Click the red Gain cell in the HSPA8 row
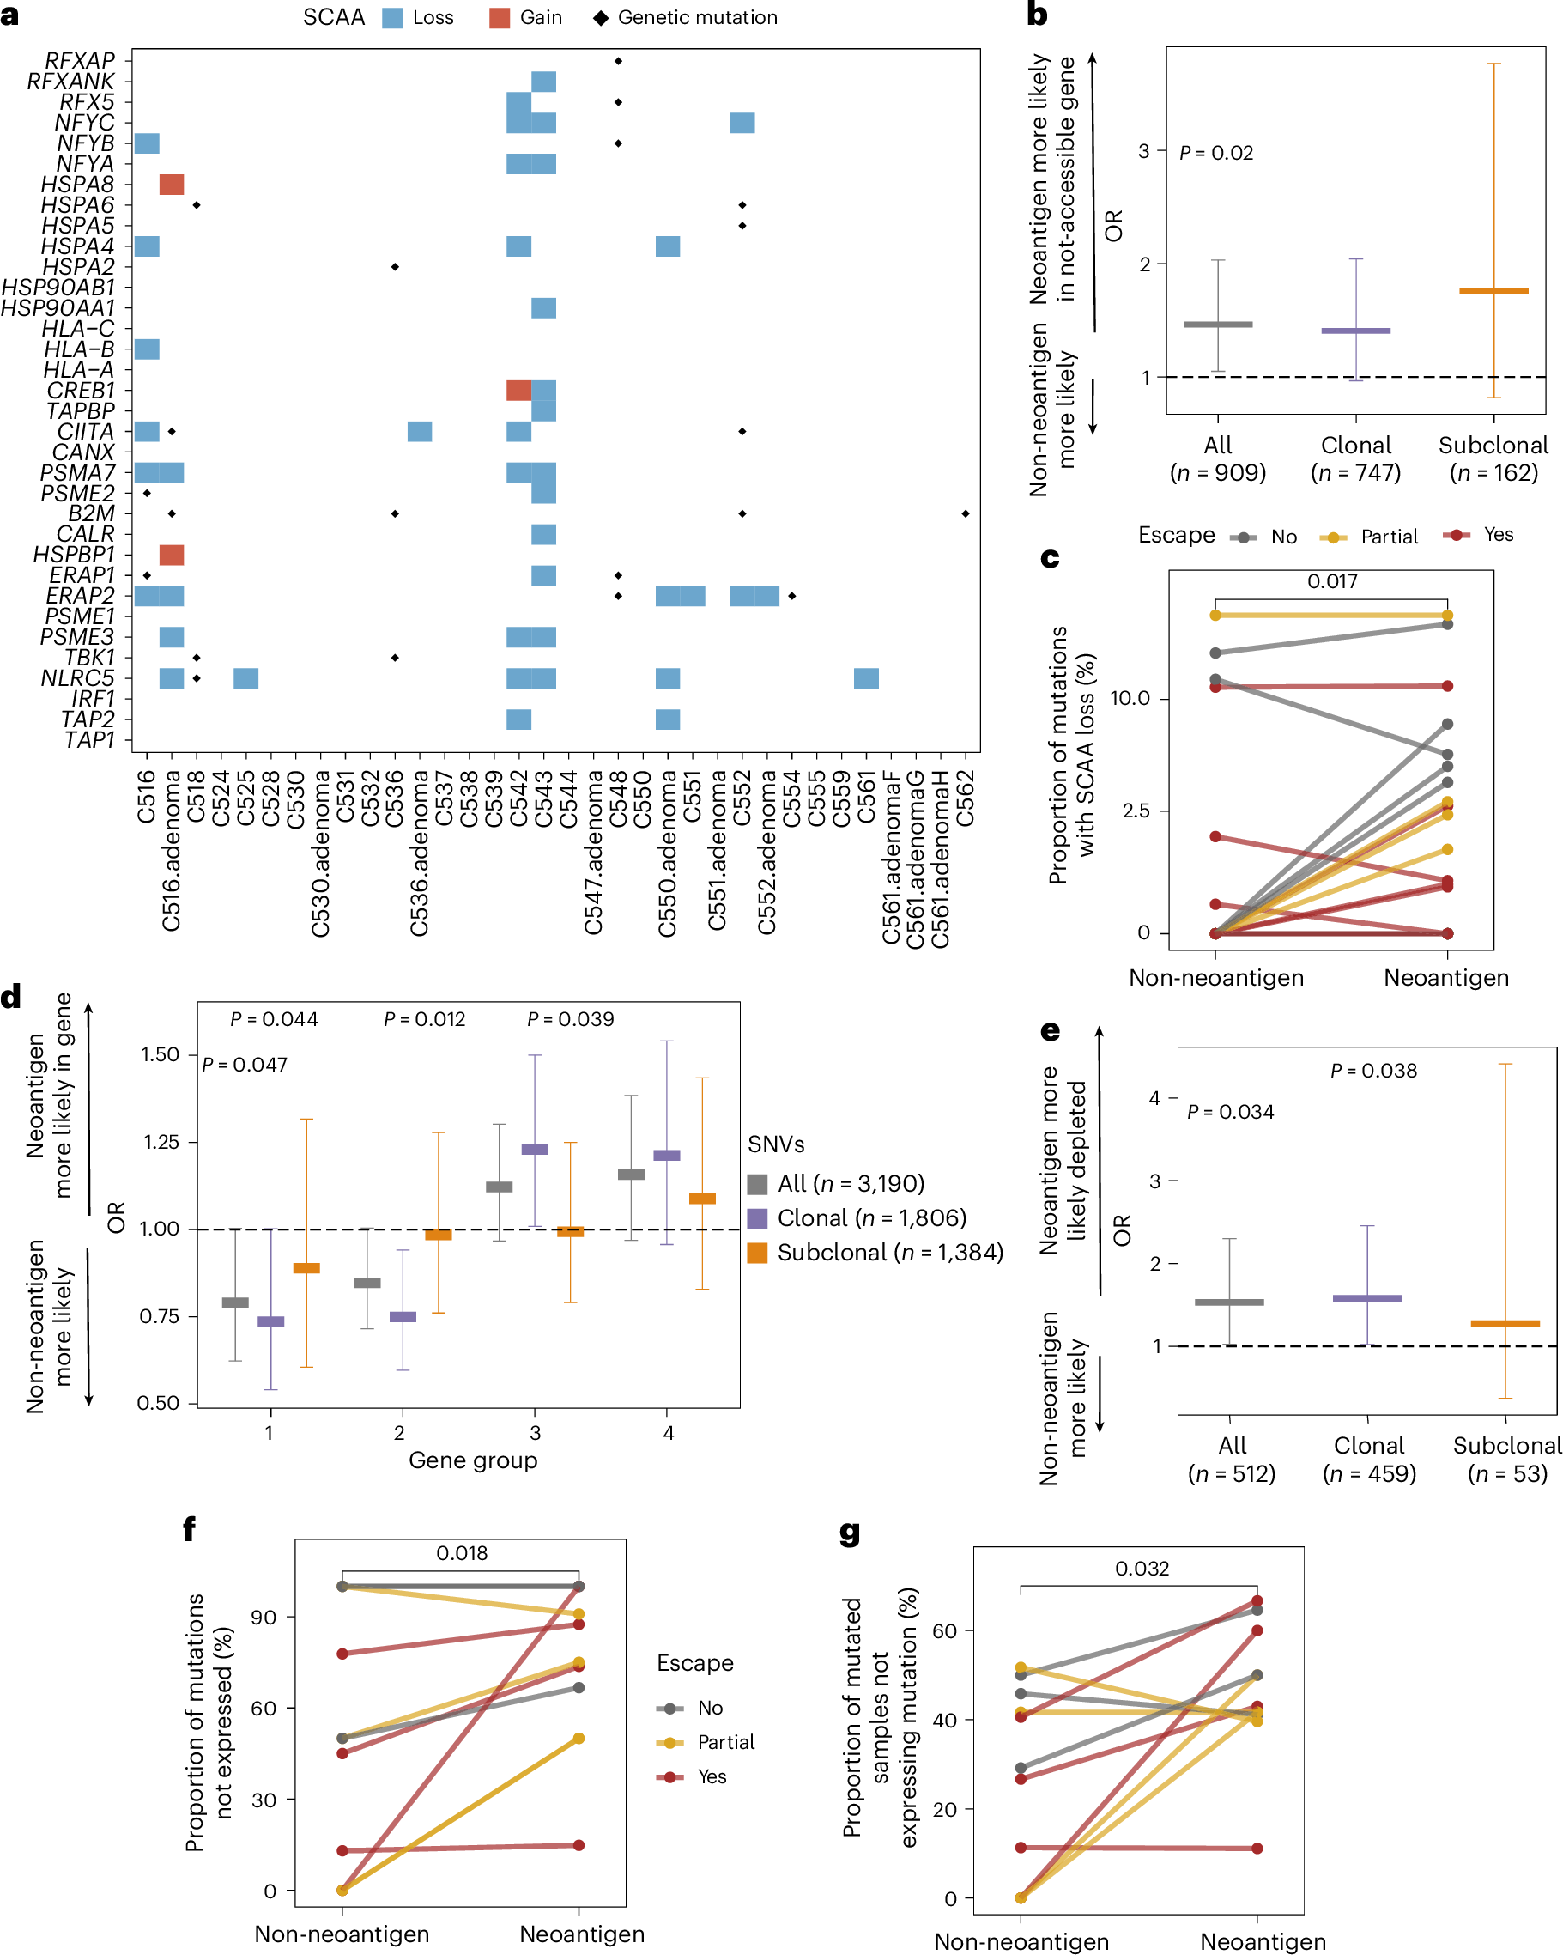coord(172,185)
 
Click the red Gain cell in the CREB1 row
coord(518,391)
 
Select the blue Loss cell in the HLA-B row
coord(147,349)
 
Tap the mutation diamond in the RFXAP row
coord(618,61)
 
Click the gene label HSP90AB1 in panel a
coord(58,288)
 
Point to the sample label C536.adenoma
coord(419,853)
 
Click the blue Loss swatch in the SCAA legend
coord(392,18)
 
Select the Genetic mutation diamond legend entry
coord(686,18)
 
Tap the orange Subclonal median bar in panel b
coord(1493,291)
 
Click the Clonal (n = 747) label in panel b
coord(1355,458)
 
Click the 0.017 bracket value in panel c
coord(1332,581)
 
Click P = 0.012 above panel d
coord(424,1019)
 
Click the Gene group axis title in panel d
coord(472,1460)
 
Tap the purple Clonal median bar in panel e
coord(1367,1298)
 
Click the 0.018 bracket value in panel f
coord(462,1553)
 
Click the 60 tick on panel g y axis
coord(944,1631)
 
